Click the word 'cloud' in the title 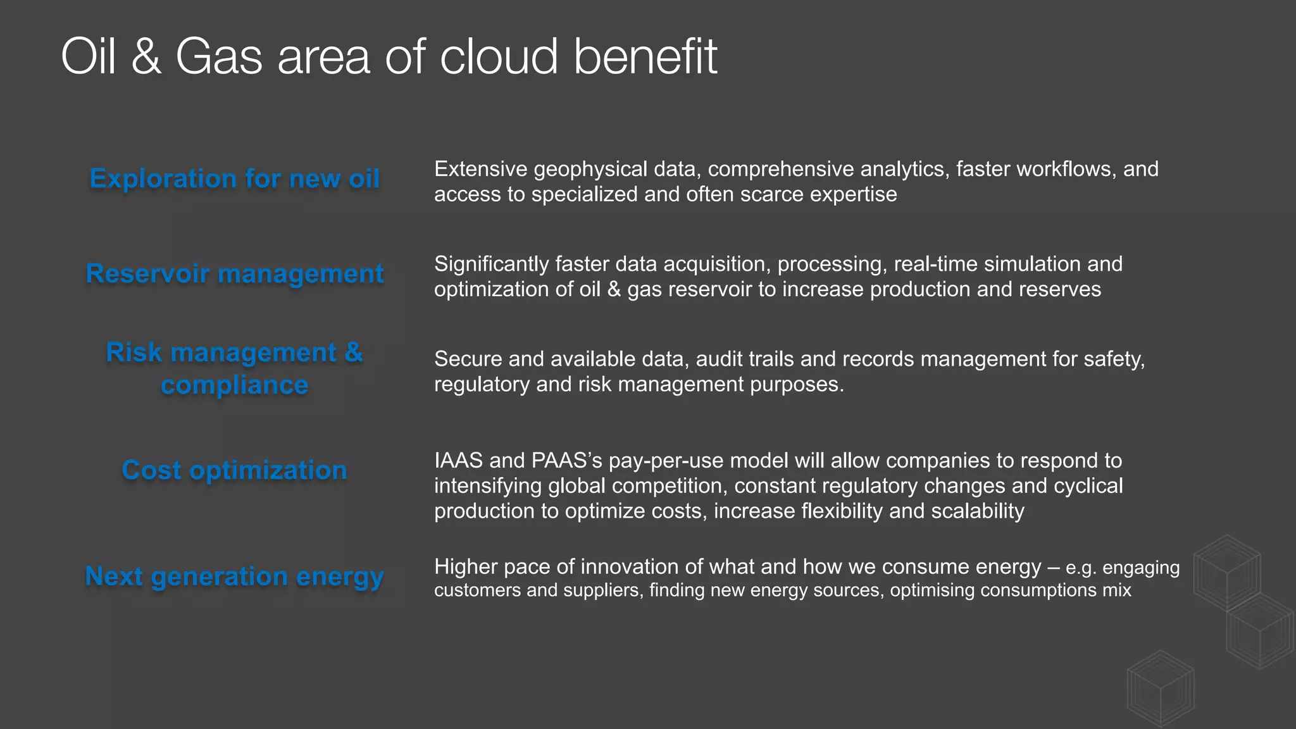pos(499,57)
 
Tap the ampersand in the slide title pos(146,57)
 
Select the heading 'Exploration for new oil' pos(234,179)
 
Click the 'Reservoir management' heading pos(234,274)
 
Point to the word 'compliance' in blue pos(234,385)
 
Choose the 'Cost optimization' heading pos(234,470)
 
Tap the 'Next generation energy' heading pos(234,576)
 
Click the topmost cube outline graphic pos(1226,573)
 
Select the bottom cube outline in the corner pos(1161,688)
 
